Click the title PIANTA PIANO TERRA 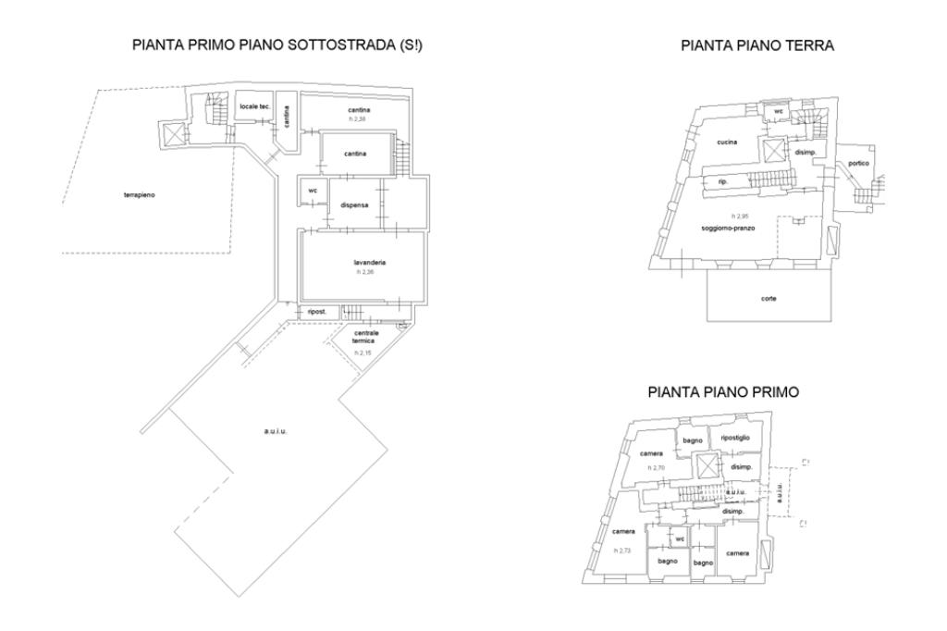click(756, 44)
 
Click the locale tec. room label click(254, 107)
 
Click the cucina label click(724, 142)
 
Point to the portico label click(857, 163)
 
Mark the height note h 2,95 click(739, 216)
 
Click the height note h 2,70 click(658, 468)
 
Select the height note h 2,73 click(621, 550)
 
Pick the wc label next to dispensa click(312, 192)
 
